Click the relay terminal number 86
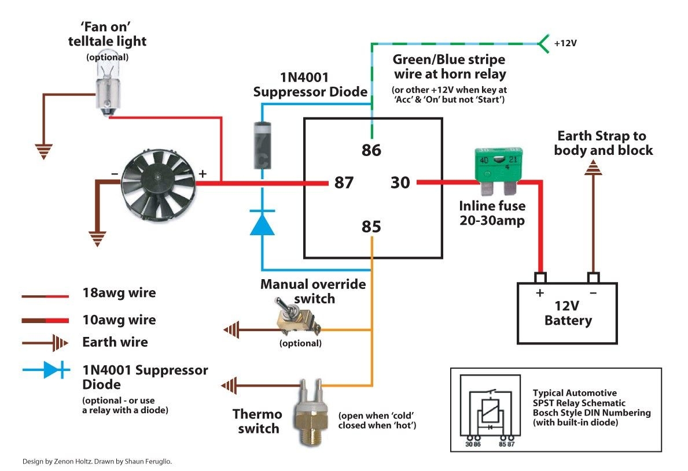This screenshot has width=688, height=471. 371,150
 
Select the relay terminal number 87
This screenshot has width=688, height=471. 344,183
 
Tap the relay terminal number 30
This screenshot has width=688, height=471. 400,183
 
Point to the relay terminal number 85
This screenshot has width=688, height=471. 371,227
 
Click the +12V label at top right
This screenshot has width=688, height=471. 565,43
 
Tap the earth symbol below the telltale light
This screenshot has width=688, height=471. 43,152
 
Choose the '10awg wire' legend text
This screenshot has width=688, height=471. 119,320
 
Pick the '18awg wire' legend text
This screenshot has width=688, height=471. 119,293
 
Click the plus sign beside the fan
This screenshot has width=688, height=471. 203,173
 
